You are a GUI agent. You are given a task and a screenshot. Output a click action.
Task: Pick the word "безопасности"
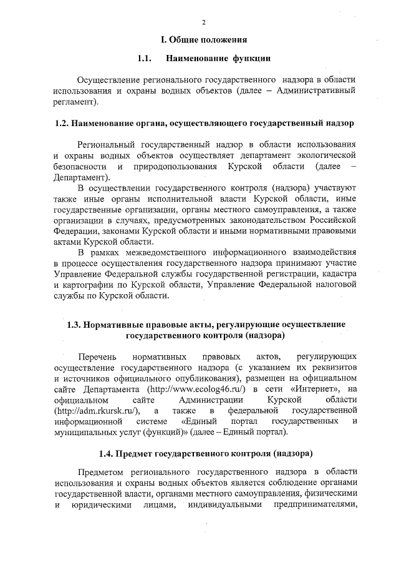click(79, 167)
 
